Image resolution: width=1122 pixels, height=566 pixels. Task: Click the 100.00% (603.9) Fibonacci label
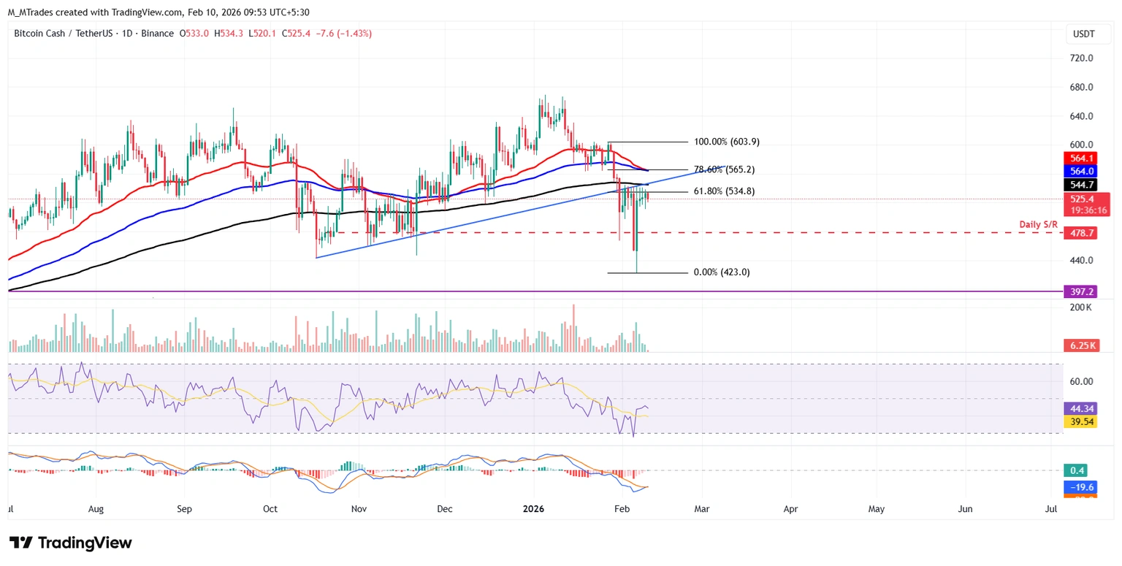click(721, 142)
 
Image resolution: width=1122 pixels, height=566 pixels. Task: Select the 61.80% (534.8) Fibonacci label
click(724, 191)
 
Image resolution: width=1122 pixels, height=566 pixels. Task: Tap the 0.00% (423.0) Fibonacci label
click(721, 272)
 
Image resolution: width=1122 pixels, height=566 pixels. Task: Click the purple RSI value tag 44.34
click(1080, 408)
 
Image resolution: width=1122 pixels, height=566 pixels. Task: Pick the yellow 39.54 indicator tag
click(1080, 422)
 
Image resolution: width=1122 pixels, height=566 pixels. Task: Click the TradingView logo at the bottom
click(71, 543)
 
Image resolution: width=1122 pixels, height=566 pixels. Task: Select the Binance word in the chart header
click(158, 34)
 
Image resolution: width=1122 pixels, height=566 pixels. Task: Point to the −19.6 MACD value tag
click(1080, 487)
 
